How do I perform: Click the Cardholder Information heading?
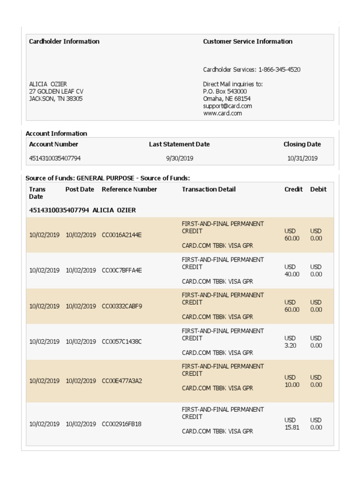(x=64, y=41)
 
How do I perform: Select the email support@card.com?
(x=227, y=106)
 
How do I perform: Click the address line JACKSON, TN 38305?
(x=56, y=99)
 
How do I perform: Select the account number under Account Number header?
(x=55, y=158)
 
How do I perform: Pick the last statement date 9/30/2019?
(x=180, y=158)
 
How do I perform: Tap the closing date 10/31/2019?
(x=302, y=158)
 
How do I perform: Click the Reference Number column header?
(x=129, y=189)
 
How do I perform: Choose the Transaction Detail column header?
(x=209, y=189)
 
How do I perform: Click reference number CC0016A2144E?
(x=121, y=235)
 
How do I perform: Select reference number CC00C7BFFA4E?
(x=121, y=270)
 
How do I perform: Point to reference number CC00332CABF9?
(x=121, y=306)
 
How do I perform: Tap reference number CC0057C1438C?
(x=121, y=342)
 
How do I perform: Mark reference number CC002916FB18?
(x=121, y=424)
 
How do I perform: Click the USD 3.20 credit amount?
(x=291, y=342)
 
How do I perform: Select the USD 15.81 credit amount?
(x=292, y=424)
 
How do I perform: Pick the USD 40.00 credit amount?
(x=292, y=270)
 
